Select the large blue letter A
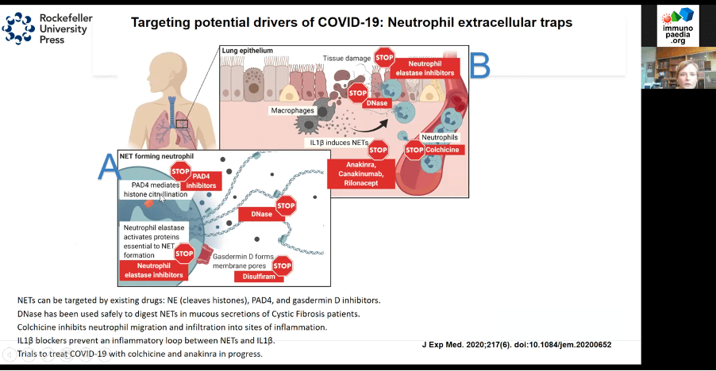109,166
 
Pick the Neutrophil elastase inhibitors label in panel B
431,67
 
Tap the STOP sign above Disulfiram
282,265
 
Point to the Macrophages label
291,110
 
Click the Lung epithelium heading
248,51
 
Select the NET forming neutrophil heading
156,155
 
